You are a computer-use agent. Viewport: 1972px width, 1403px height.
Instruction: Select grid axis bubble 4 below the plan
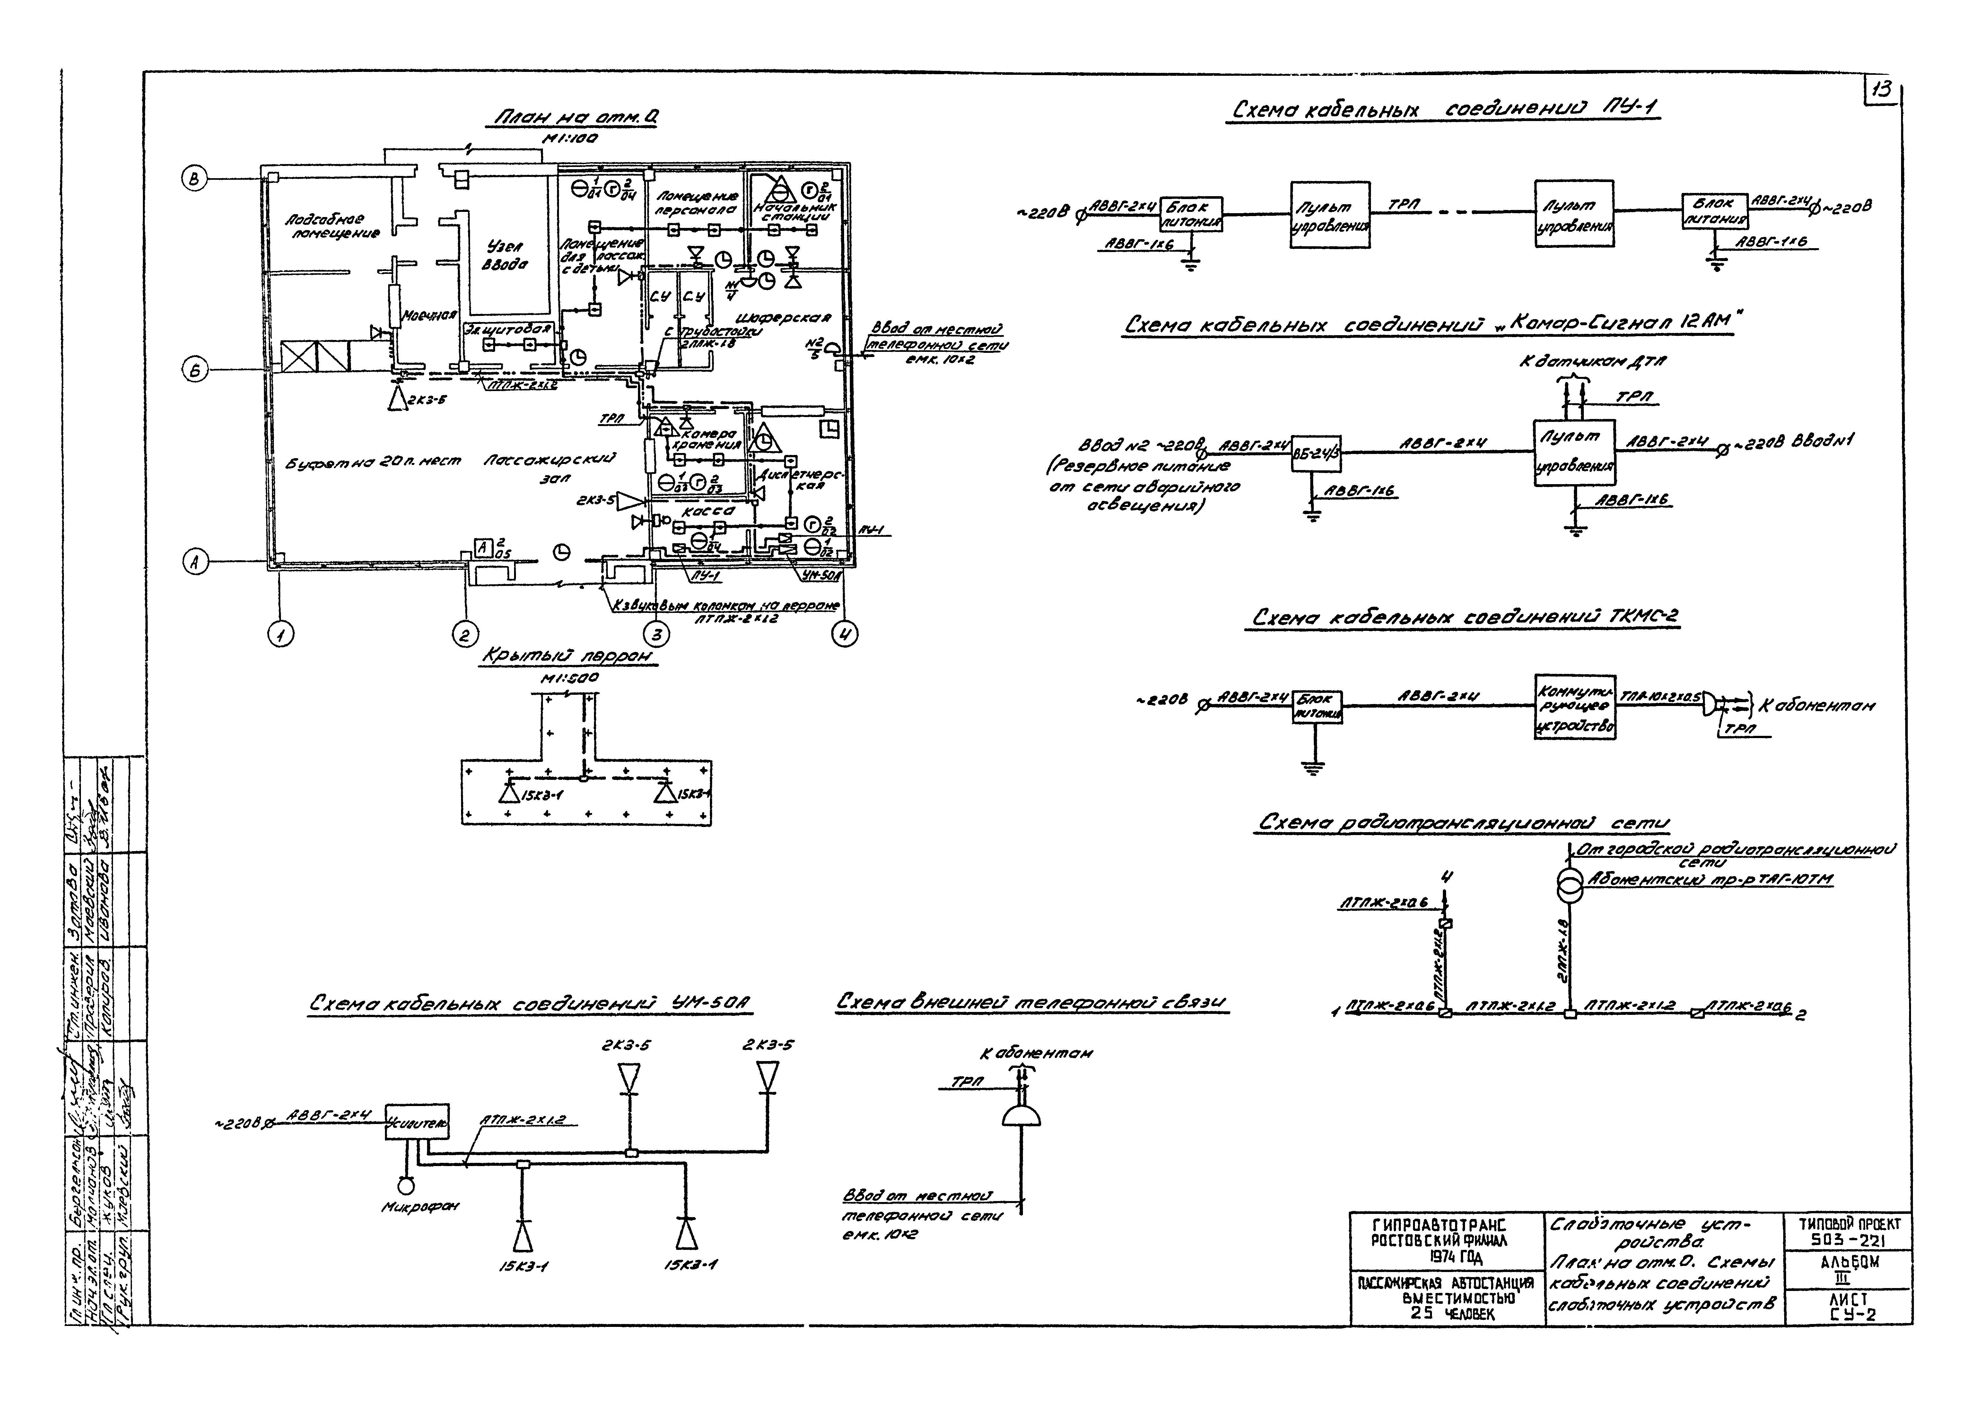coord(844,635)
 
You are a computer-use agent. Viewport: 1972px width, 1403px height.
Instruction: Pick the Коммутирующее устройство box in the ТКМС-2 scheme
coord(1575,706)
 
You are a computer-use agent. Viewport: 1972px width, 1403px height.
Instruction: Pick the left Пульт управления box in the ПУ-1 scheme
coord(1329,214)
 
